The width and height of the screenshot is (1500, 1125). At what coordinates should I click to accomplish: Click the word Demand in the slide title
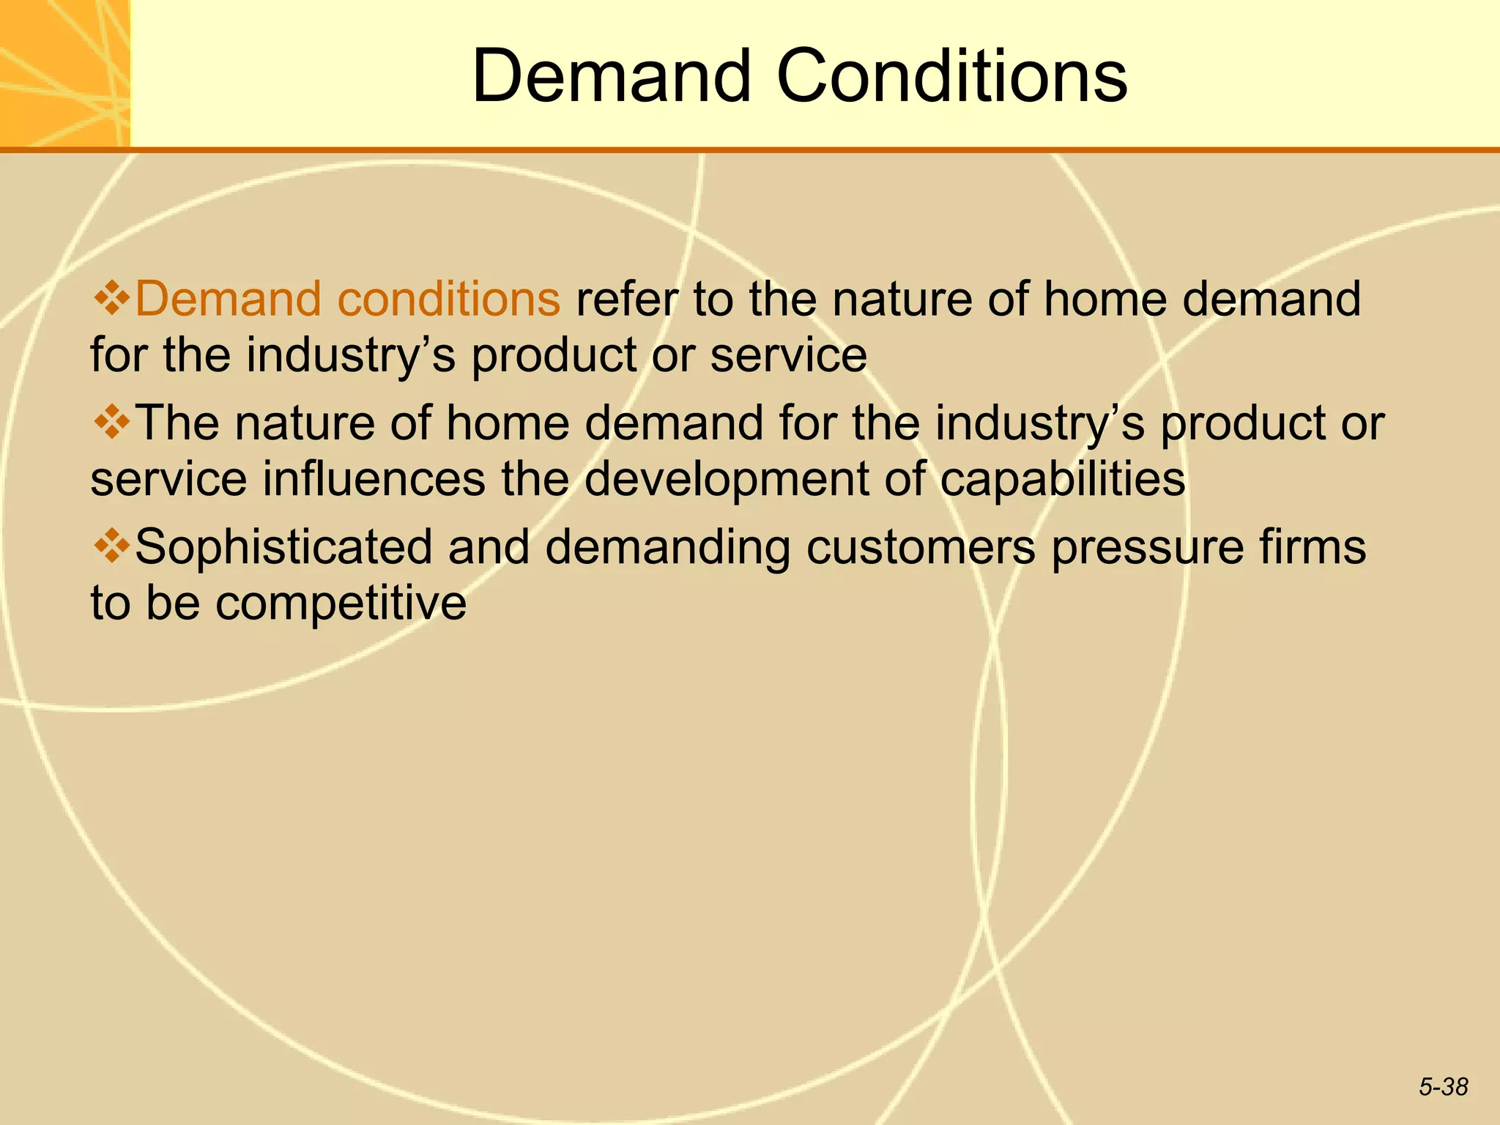(612, 76)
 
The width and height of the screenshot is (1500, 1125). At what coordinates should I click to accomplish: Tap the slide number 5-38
(1443, 1087)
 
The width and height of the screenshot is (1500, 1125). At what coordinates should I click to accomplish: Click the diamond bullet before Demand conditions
(111, 297)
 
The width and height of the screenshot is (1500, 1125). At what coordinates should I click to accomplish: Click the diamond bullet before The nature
(111, 422)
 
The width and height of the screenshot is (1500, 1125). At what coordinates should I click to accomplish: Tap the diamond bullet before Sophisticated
(111, 546)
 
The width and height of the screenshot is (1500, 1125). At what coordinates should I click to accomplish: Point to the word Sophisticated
(284, 548)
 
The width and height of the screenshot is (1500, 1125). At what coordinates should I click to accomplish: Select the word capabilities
(1062, 479)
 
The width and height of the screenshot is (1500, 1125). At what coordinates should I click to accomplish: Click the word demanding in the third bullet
(667, 548)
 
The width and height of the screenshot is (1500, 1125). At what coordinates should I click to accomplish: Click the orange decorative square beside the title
(64, 73)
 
